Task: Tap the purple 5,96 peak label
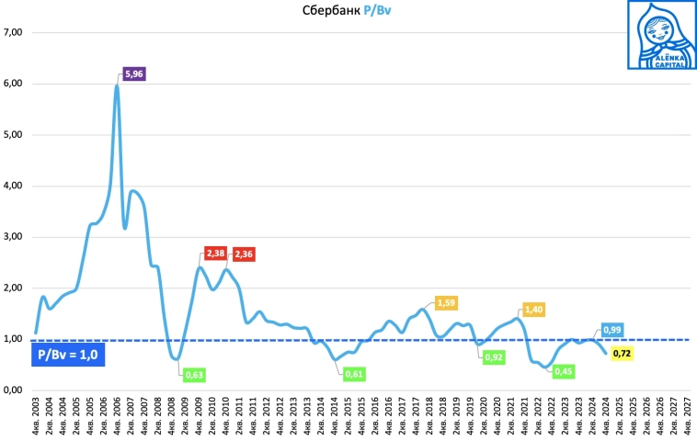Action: click(x=134, y=74)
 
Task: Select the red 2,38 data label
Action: click(x=215, y=252)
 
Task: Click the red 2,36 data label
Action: click(x=246, y=254)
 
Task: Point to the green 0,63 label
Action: click(x=194, y=374)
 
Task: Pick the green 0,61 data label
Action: click(x=355, y=374)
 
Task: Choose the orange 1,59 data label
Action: click(x=445, y=302)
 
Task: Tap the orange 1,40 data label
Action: click(x=535, y=311)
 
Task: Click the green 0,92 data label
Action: click(x=495, y=356)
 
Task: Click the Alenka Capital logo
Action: click(x=658, y=35)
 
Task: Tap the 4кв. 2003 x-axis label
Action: click(x=36, y=418)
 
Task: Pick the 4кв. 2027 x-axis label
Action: click(x=689, y=418)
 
